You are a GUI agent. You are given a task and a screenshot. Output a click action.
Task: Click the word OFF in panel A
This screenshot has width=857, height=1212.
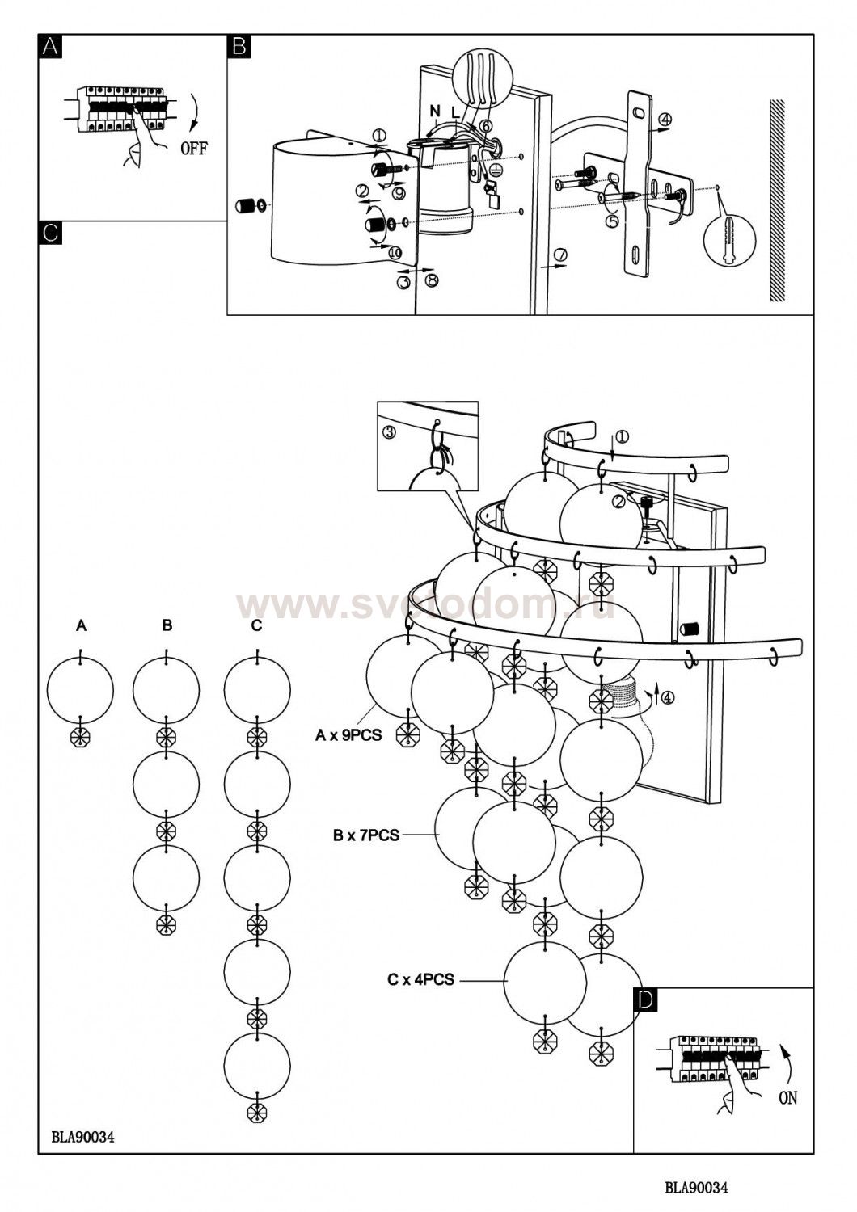point(193,148)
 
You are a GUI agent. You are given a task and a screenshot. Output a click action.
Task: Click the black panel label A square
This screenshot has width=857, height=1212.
point(50,46)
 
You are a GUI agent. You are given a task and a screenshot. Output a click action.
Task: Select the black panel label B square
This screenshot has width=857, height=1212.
point(239,46)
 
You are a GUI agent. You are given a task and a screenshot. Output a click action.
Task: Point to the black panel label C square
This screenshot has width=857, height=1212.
point(50,233)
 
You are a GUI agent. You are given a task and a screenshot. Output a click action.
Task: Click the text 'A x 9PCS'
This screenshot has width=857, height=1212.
point(348,735)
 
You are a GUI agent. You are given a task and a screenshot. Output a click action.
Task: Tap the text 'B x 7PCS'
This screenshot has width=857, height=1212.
point(366,835)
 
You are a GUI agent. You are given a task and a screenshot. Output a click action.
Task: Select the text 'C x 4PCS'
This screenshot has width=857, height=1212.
point(420,979)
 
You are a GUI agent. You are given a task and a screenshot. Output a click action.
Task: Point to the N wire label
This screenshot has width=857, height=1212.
point(435,111)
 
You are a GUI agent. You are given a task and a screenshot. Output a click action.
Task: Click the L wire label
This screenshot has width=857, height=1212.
point(455,113)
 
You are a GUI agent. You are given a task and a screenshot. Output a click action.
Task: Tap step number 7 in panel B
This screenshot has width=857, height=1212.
point(560,254)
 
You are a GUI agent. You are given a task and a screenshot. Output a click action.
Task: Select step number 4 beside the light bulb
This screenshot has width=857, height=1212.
point(667,698)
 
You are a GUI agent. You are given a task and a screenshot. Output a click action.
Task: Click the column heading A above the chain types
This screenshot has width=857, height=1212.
point(81,626)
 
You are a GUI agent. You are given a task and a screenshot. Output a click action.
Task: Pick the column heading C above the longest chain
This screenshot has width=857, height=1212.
point(256,625)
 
